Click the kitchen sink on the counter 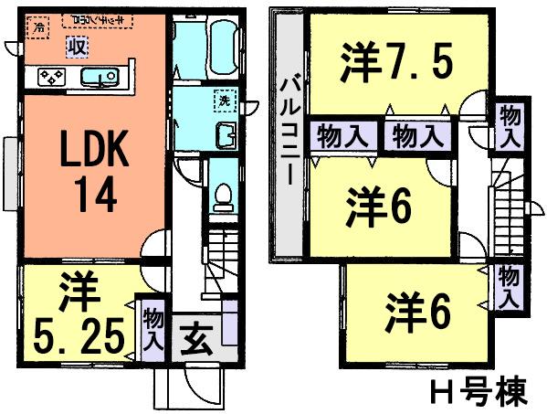[x=95, y=78]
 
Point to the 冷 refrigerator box [x=38, y=28]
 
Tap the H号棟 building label [x=477, y=392]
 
